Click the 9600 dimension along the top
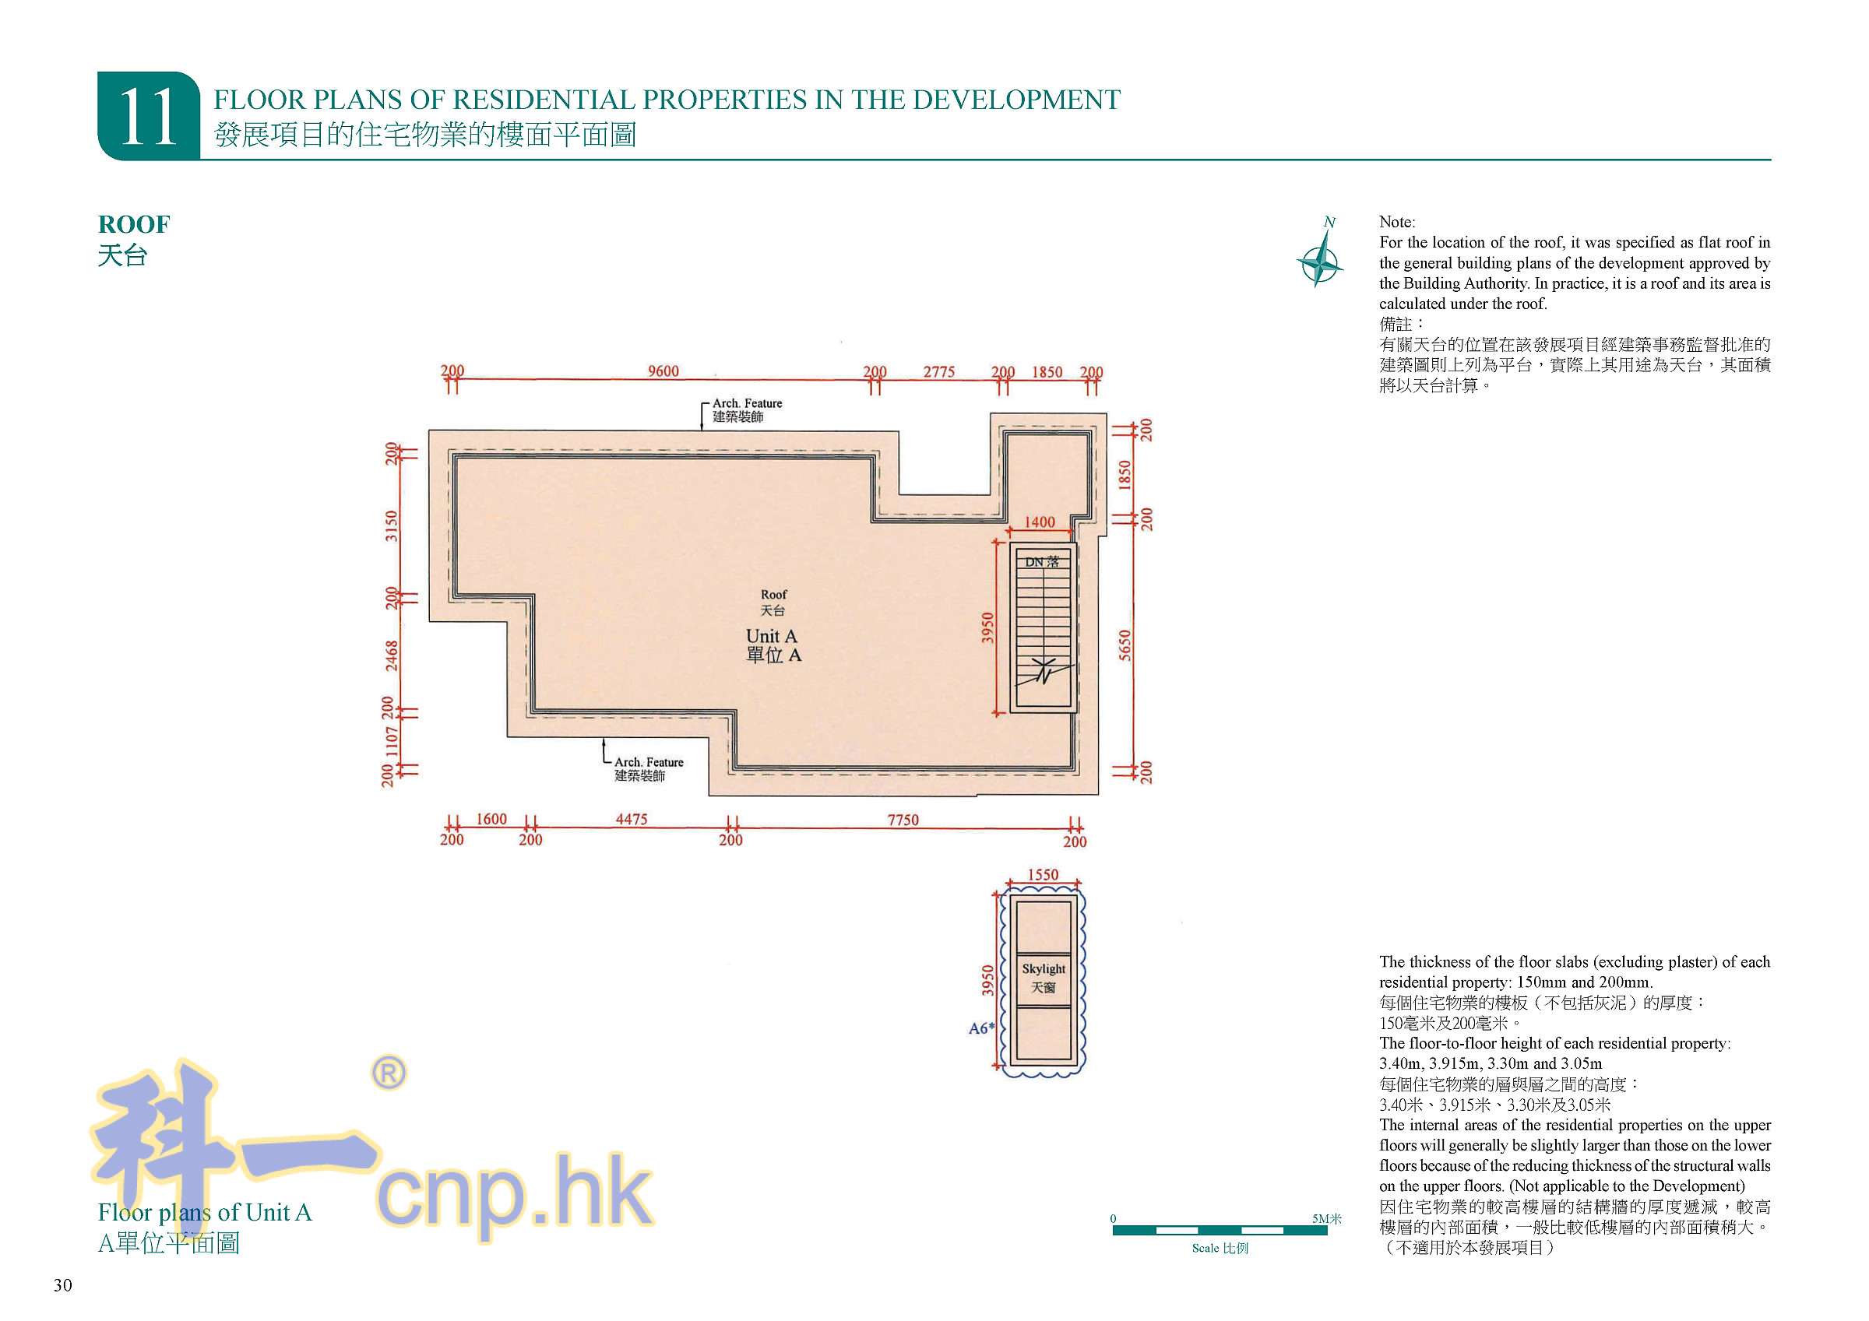tap(663, 371)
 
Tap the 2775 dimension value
tap(938, 372)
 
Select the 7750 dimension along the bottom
tap(902, 820)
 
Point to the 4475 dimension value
tap(631, 819)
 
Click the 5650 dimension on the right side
tap(1125, 645)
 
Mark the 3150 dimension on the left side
tap(392, 525)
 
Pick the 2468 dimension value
tap(392, 656)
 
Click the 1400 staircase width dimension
tap(1039, 522)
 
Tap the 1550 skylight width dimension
tap(1042, 874)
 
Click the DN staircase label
tap(1041, 561)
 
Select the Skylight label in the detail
tap(1043, 968)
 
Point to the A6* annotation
tap(981, 1028)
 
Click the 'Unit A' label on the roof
tap(771, 636)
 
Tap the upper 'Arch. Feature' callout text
tap(747, 403)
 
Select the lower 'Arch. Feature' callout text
tap(648, 762)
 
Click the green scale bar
tap(1219, 1230)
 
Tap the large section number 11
tap(148, 118)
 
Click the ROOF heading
tap(133, 224)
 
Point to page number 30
tap(62, 1285)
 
